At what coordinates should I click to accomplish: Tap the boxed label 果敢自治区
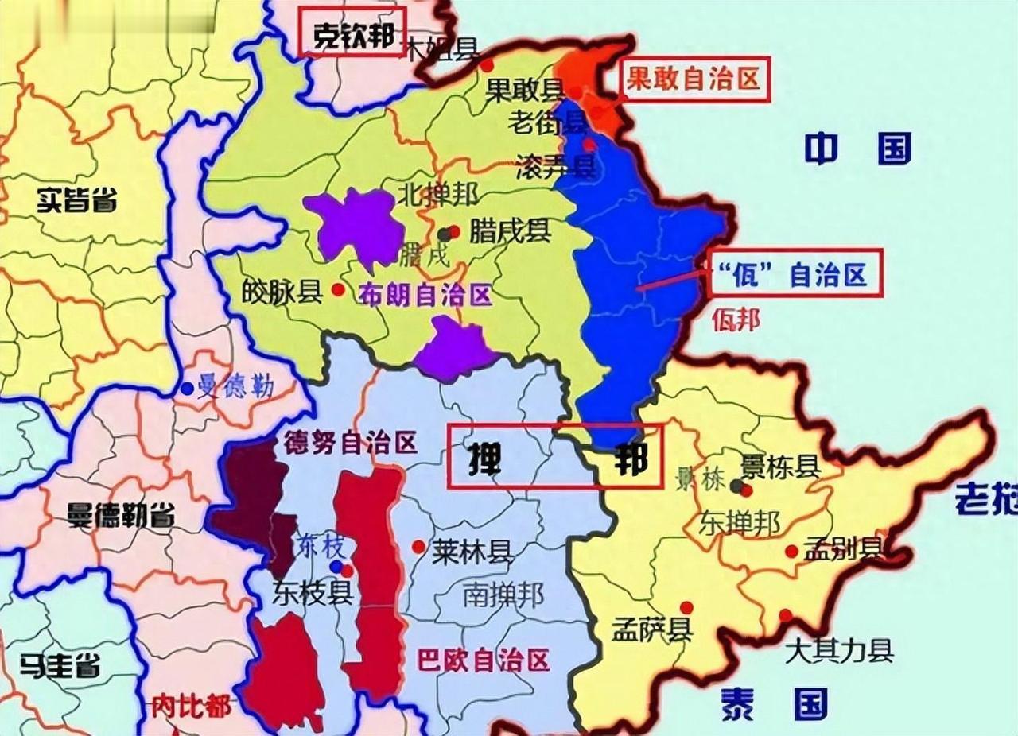click(x=695, y=79)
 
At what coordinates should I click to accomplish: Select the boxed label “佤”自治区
click(x=795, y=275)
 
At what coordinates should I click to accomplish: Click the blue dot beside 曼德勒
click(x=186, y=389)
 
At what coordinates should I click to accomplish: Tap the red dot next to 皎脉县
click(x=338, y=290)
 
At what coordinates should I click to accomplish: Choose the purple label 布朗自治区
click(x=425, y=296)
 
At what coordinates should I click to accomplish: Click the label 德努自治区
click(x=351, y=444)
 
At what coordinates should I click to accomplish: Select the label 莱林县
click(x=473, y=551)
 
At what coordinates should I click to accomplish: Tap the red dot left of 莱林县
click(x=418, y=547)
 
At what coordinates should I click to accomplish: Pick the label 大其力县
click(x=839, y=652)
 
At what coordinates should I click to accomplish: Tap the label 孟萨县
click(x=651, y=631)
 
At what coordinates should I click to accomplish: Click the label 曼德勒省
click(x=122, y=517)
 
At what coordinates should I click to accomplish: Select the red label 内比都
click(x=191, y=704)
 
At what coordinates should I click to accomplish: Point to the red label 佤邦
click(x=736, y=320)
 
